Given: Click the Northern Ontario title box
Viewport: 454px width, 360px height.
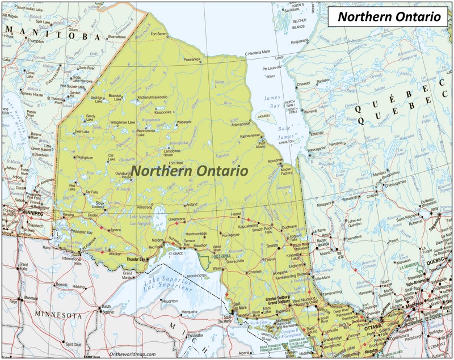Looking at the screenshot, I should [x=389, y=17].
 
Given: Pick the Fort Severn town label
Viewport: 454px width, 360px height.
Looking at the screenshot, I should [x=159, y=34].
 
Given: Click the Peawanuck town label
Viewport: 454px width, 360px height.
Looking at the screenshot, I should [x=192, y=59].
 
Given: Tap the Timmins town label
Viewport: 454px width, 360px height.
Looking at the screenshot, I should [x=272, y=245].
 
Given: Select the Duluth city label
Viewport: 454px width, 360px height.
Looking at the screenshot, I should [x=106, y=306].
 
